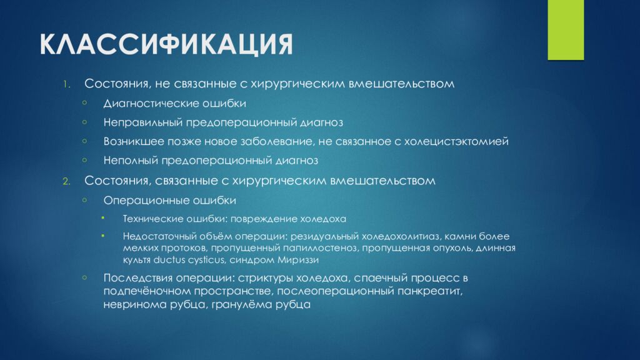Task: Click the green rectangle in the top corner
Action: [566, 30]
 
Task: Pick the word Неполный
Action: [131, 161]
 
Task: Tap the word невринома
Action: [131, 304]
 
